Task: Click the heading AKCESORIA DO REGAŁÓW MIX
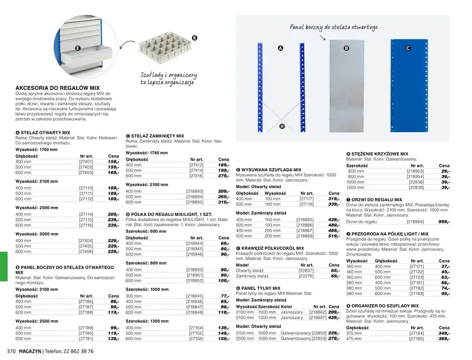(x=58, y=88)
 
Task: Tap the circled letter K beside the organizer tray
(x=195, y=38)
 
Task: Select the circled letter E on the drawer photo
(x=77, y=48)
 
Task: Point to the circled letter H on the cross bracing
(x=282, y=126)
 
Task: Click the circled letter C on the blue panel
(x=408, y=48)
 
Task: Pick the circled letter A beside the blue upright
(x=280, y=48)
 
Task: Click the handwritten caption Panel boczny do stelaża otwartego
(x=333, y=28)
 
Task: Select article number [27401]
(x=86, y=162)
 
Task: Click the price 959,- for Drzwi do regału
(x=444, y=222)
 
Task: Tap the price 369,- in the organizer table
(x=444, y=339)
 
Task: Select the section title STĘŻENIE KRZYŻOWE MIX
(x=379, y=154)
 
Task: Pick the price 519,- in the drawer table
(x=333, y=236)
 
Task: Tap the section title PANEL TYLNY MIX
(x=261, y=288)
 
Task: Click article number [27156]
(x=196, y=339)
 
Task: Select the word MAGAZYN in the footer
(x=30, y=351)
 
